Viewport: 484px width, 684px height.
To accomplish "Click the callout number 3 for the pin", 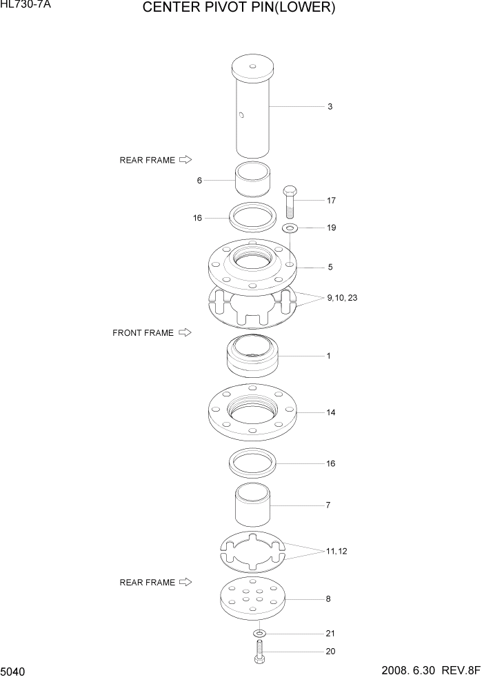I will [x=330, y=107].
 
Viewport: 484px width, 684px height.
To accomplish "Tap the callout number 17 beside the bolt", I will [x=331, y=201].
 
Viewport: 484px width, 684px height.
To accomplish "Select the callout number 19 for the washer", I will [x=331, y=228].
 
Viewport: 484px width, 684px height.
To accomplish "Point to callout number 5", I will [x=330, y=267].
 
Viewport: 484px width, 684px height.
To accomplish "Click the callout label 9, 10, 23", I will [x=343, y=298].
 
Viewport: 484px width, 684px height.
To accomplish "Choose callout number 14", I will [x=331, y=412].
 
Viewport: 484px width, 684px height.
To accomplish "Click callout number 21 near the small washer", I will [x=331, y=633].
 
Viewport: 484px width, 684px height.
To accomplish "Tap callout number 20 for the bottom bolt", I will [x=331, y=651].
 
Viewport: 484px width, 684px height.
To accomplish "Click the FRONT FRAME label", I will [x=143, y=333].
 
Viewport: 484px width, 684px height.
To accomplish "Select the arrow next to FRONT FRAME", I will [x=185, y=332].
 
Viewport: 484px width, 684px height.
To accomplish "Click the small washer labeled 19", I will [x=290, y=228].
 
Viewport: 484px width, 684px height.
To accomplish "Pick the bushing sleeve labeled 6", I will [x=252, y=181].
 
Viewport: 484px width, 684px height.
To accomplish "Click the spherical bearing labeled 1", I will [x=252, y=356].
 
